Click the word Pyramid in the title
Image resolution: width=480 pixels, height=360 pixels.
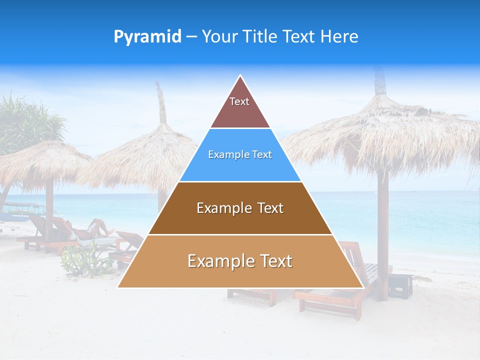[147, 37]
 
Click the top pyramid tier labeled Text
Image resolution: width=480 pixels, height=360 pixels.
[240, 107]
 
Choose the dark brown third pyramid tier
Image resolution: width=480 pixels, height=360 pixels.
[240, 208]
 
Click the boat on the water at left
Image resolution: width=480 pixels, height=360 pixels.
[20, 210]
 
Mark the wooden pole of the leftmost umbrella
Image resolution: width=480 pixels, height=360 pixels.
[49, 205]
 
